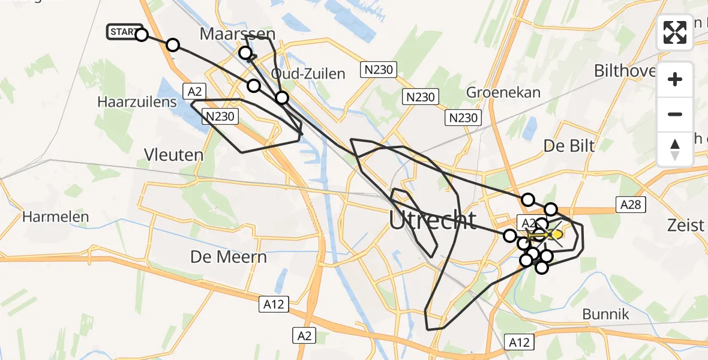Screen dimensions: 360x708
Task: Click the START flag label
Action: pyautogui.click(x=124, y=32)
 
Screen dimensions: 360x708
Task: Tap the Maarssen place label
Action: pyautogui.click(x=238, y=34)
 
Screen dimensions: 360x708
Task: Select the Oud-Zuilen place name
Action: pyautogui.click(x=308, y=74)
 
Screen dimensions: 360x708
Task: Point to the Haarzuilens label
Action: pyautogui.click(x=137, y=102)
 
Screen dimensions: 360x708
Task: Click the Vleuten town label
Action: pyautogui.click(x=174, y=155)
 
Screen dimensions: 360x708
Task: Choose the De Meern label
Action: pyautogui.click(x=229, y=257)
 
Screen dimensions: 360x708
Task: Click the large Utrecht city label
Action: pyautogui.click(x=433, y=221)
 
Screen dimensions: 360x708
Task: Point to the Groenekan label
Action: pyautogui.click(x=503, y=93)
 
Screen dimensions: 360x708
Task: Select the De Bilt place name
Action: pyautogui.click(x=569, y=146)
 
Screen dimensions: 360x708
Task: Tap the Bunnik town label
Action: pyautogui.click(x=606, y=314)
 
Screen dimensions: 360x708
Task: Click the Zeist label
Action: pyautogui.click(x=685, y=226)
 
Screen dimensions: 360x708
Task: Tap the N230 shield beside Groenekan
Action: pyautogui.click(x=420, y=97)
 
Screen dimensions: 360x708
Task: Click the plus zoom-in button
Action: pyautogui.click(x=675, y=80)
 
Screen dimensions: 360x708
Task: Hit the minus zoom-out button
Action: pyautogui.click(x=675, y=114)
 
